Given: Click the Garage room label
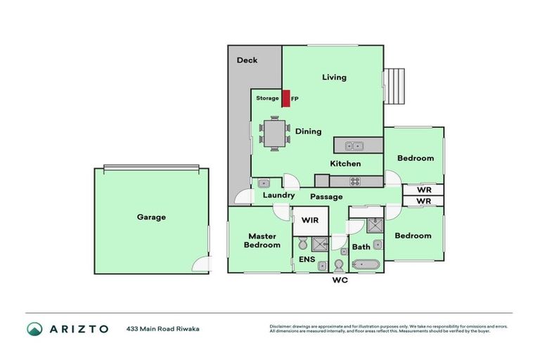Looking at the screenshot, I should (x=151, y=217).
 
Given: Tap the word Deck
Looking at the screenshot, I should (x=247, y=60).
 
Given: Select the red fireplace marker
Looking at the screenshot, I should (x=286, y=98).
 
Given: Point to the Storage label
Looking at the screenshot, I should (x=266, y=98).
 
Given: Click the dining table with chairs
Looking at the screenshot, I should (x=274, y=134).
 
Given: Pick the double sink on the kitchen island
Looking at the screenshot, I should (x=349, y=146).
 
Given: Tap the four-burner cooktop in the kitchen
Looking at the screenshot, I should (x=355, y=181).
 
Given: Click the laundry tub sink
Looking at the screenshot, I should (x=263, y=183).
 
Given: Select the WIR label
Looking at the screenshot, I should (x=310, y=221).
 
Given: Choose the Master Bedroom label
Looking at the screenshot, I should (x=262, y=240).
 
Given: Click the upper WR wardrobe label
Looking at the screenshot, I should (x=423, y=190).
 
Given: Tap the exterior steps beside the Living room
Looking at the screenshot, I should (x=394, y=86).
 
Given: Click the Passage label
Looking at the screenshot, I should (x=326, y=197).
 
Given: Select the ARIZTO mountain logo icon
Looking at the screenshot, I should (x=34, y=328).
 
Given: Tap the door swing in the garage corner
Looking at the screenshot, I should (x=202, y=265).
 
